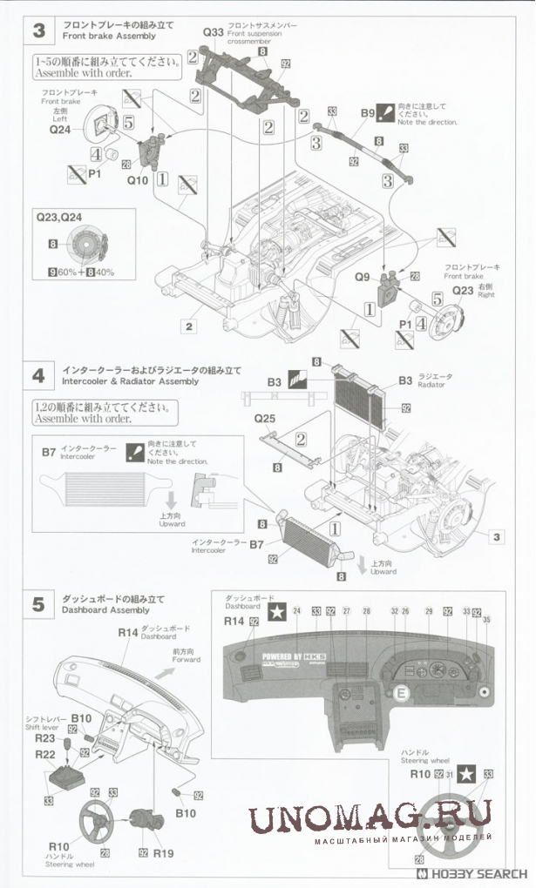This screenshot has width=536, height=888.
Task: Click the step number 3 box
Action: [x=38, y=30]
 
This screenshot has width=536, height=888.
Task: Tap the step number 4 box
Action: [x=38, y=376]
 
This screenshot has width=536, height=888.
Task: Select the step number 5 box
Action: [x=38, y=605]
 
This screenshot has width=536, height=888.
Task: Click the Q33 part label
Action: [x=214, y=32]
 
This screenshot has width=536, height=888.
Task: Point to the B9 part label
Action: [x=368, y=114]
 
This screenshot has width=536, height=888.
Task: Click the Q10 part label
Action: [x=138, y=181]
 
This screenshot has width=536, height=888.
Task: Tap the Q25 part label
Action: [x=265, y=419]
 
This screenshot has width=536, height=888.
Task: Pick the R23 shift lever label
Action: [x=45, y=737]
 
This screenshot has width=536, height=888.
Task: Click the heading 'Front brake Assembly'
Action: [x=109, y=37]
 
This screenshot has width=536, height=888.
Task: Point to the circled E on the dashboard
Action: [x=402, y=693]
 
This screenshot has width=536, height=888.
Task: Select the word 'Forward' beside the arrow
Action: [x=187, y=660]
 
